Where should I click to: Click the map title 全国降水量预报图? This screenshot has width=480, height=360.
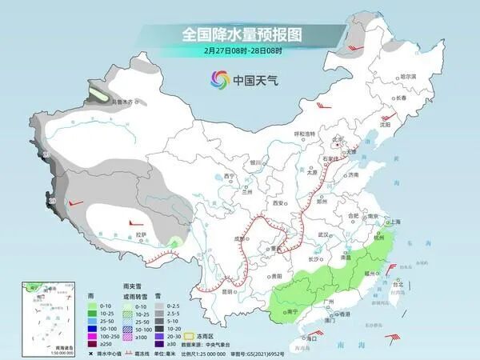point(239,34)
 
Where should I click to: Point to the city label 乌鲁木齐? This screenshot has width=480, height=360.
point(125,102)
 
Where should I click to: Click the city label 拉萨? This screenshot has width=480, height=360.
point(142,234)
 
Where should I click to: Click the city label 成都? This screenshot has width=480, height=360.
point(239,238)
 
